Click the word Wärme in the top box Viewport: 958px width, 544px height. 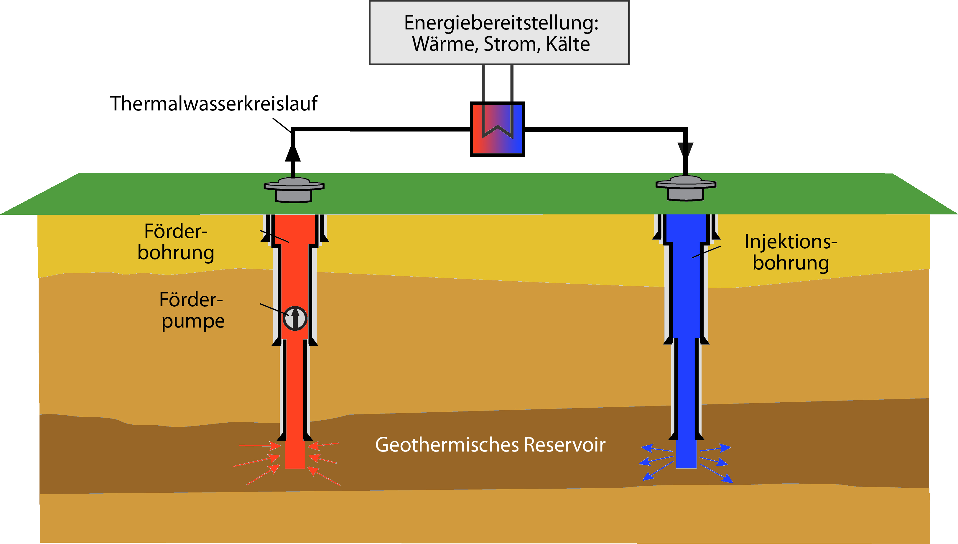[x=443, y=44]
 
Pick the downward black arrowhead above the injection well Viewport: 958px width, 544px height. [x=685, y=150]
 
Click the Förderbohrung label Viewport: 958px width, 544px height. [x=176, y=242]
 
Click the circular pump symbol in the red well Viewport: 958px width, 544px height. [x=295, y=318]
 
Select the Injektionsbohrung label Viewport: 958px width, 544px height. [x=791, y=252]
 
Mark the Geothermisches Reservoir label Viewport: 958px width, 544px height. [x=490, y=445]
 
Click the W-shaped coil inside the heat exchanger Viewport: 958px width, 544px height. [x=497, y=127]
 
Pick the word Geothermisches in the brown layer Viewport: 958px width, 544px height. [x=447, y=445]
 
